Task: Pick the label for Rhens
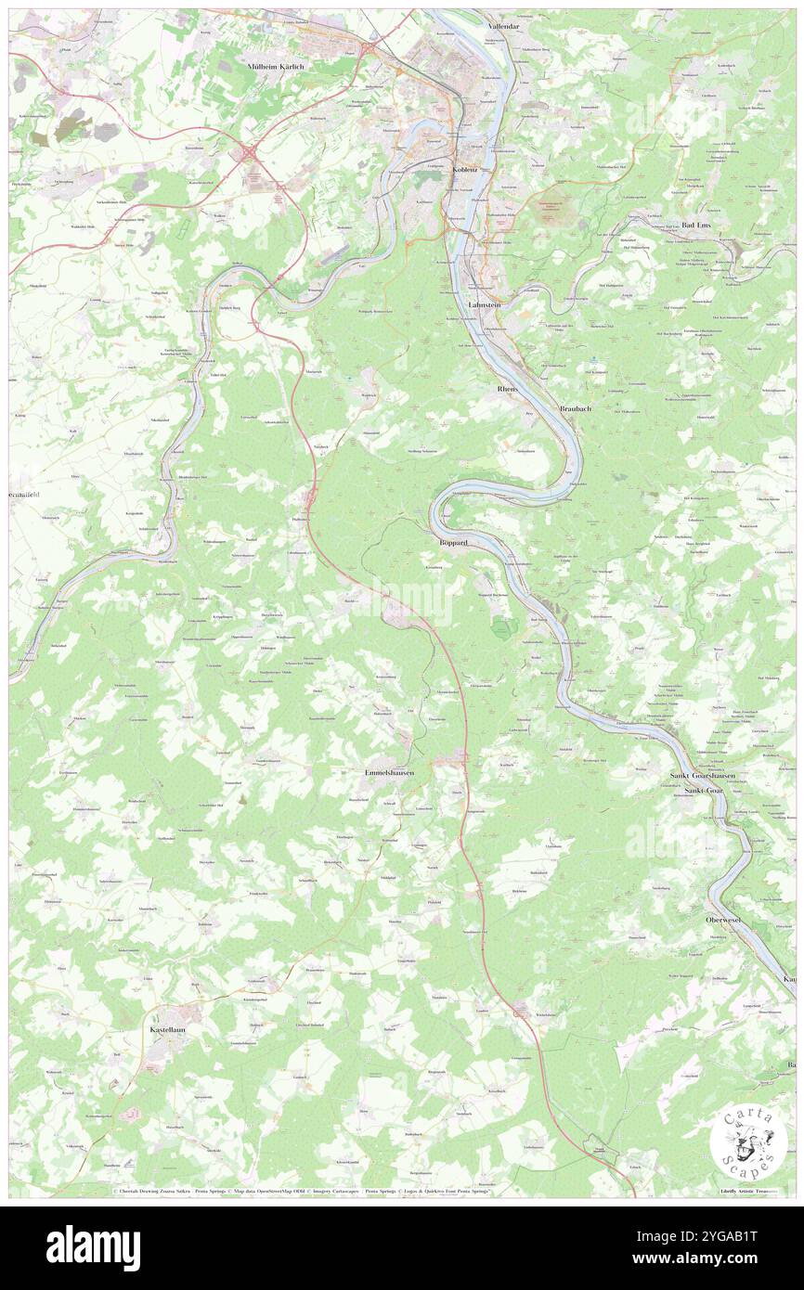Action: coord(508,389)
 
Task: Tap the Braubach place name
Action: coord(576,409)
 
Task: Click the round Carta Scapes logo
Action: coord(749,1140)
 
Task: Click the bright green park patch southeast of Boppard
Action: coord(502,629)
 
